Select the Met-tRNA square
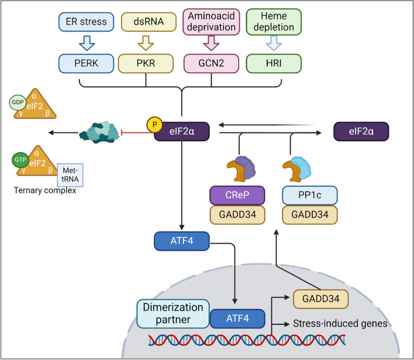(x=70, y=173)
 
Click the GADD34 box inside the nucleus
(x=316, y=299)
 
